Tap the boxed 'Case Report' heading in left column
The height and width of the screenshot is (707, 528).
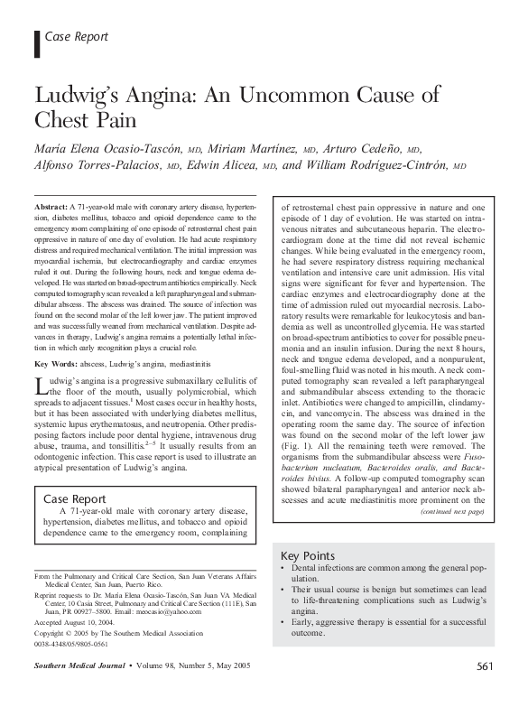click(x=77, y=498)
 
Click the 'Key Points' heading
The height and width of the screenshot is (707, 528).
click(x=308, y=555)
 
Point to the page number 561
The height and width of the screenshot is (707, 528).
click(x=485, y=692)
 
